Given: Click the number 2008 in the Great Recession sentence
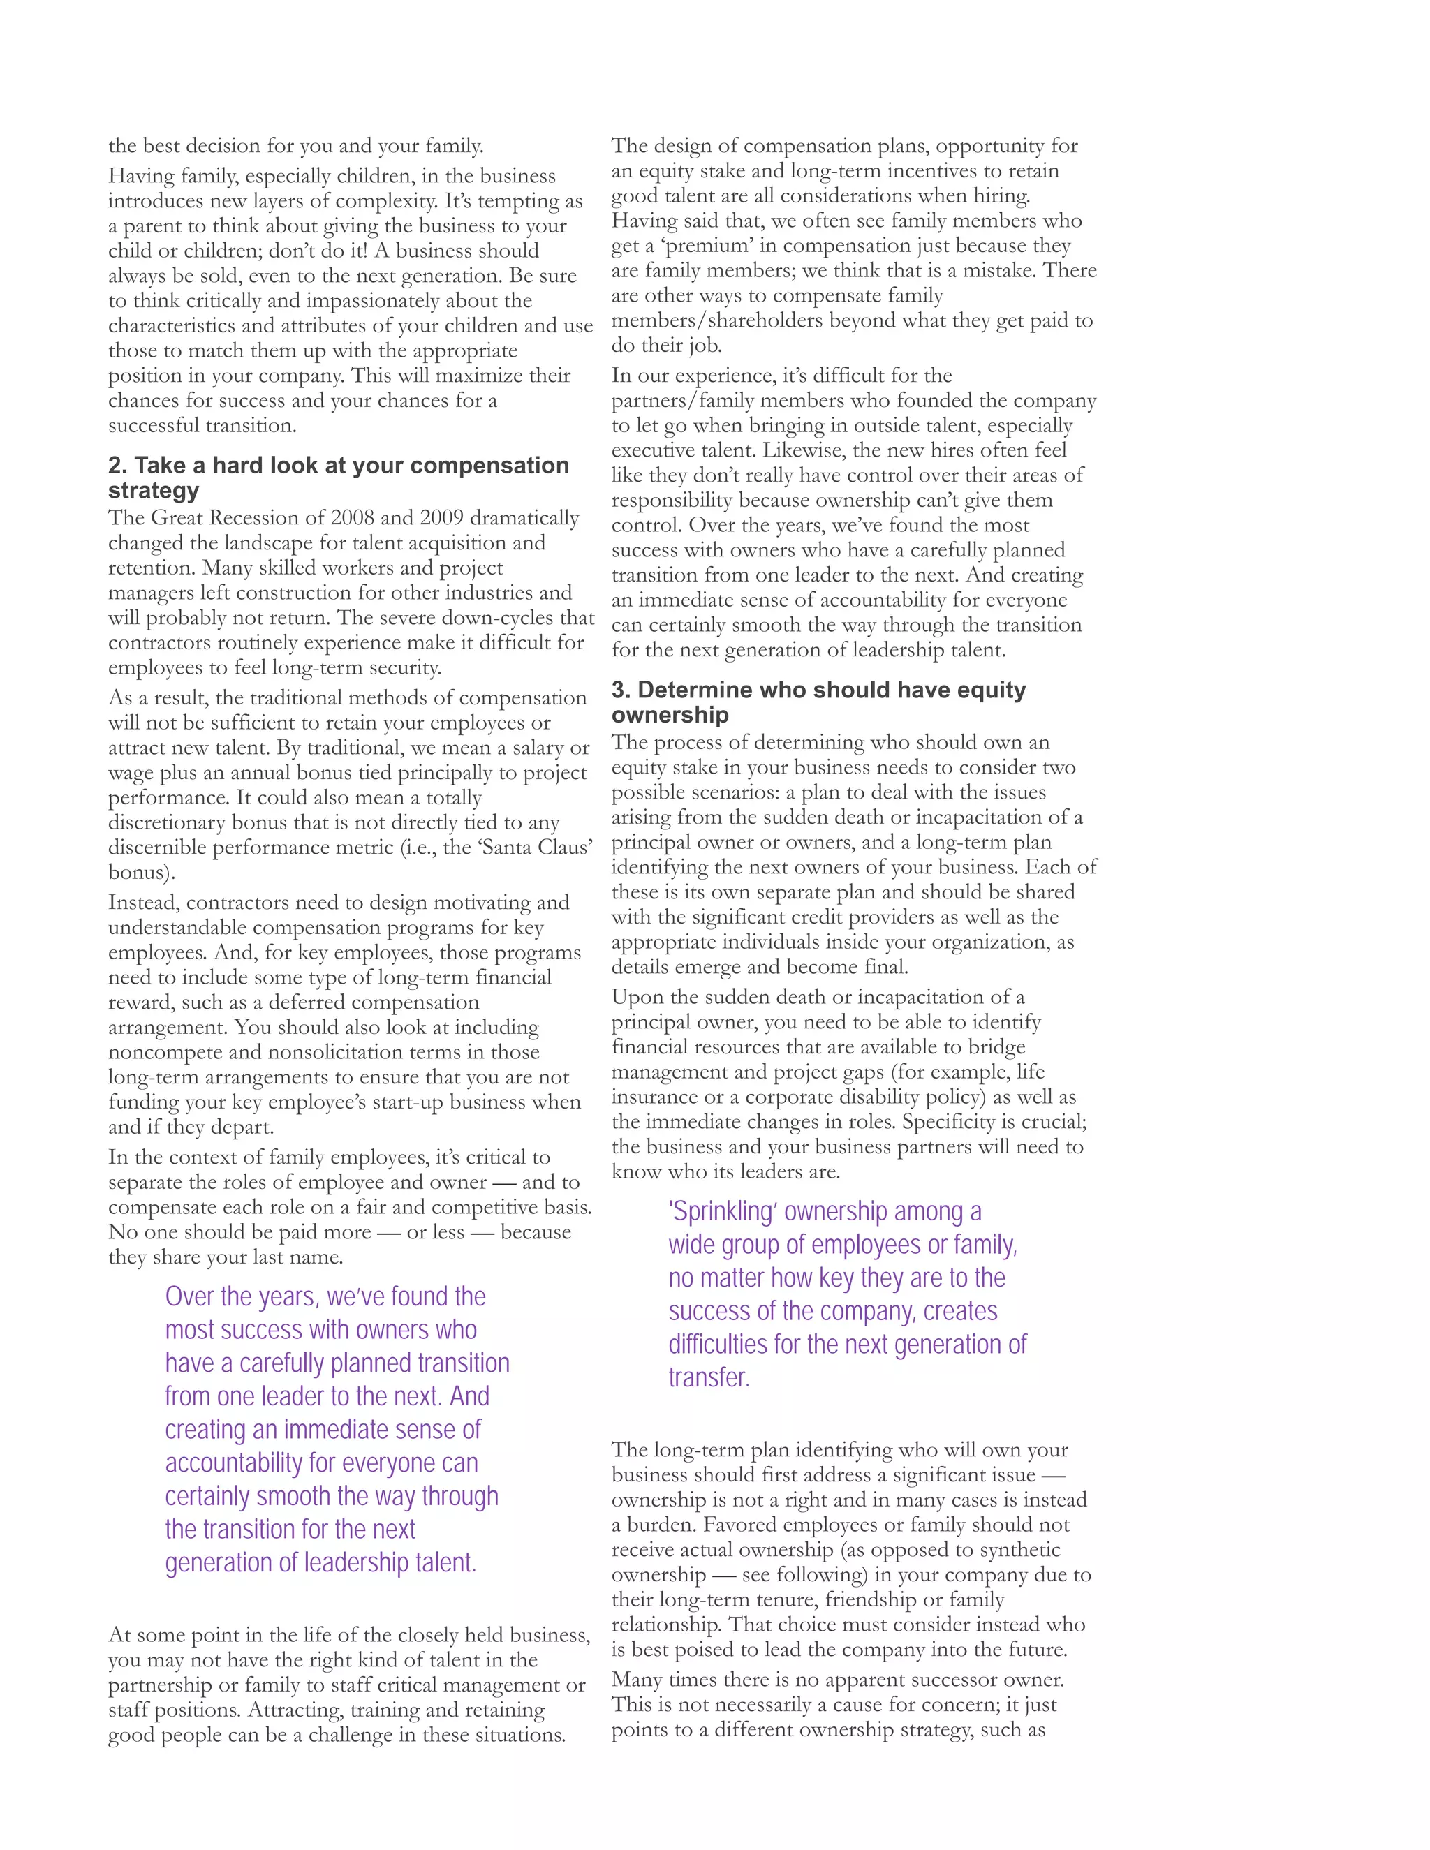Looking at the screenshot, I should click(x=357, y=519).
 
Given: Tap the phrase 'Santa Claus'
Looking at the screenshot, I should click(x=535, y=848).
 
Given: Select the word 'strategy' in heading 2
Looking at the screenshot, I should click(x=154, y=491).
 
